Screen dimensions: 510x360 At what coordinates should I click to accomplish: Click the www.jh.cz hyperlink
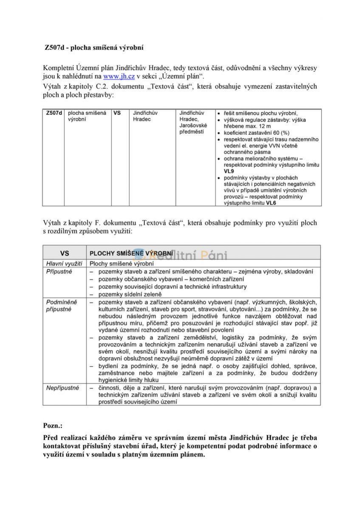(x=119, y=77)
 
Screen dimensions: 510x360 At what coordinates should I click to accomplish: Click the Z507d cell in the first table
(x=54, y=113)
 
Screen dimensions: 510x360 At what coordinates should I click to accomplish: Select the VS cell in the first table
(x=117, y=113)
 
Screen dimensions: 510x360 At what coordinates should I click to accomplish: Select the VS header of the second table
(x=64, y=252)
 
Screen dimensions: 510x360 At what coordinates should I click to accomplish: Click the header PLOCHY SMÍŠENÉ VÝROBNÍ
(x=131, y=253)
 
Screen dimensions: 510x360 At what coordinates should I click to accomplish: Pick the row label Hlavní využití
(x=64, y=264)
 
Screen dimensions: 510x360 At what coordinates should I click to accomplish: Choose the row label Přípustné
(x=59, y=271)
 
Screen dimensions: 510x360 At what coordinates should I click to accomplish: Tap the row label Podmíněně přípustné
(x=62, y=305)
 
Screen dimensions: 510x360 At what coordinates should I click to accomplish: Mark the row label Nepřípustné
(x=62, y=388)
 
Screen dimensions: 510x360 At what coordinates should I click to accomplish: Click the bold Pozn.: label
(x=53, y=425)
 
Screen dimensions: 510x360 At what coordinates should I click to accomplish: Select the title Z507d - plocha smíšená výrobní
(x=94, y=48)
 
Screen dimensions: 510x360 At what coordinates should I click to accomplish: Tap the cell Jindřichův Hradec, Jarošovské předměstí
(x=193, y=123)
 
